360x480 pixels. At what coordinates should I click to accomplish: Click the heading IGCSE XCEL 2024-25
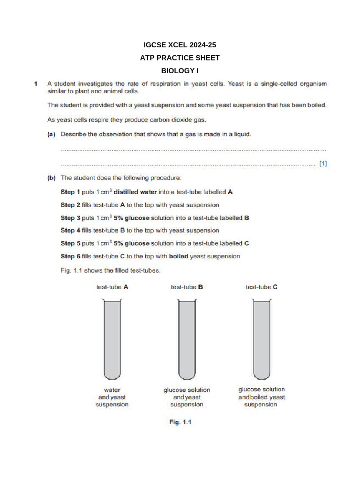click(x=180, y=45)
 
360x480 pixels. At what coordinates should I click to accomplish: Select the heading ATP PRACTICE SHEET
click(x=180, y=58)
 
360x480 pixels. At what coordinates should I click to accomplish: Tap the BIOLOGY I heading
click(x=180, y=71)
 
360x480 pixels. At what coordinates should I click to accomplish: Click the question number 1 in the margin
click(x=36, y=84)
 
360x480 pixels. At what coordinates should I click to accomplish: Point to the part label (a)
click(x=52, y=135)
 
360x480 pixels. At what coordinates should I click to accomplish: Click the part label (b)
click(x=52, y=178)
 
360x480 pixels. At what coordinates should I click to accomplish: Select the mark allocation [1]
click(x=322, y=164)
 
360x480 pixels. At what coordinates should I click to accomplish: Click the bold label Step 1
click(x=70, y=192)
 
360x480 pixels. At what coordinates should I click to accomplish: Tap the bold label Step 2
click(x=70, y=205)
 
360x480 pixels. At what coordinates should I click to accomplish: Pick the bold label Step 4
click(x=70, y=231)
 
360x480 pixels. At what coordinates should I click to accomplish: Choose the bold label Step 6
click(x=70, y=256)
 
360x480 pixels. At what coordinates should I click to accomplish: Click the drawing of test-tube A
click(x=112, y=340)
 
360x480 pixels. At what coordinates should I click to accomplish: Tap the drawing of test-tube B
click(x=187, y=340)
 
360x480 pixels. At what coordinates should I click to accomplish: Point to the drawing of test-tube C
click(x=261, y=340)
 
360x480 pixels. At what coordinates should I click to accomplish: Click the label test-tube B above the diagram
click(x=187, y=287)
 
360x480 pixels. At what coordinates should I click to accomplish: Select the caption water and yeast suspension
click(x=112, y=397)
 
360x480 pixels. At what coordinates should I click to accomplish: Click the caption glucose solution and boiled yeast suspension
click(x=261, y=397)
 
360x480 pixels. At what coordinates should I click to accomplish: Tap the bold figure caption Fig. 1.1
click(x=180, y=422)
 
